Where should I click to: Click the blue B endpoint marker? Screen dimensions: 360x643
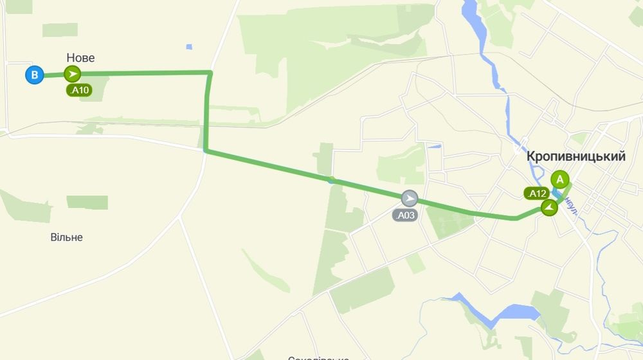point(35,75)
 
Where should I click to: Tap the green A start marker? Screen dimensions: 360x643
point(560,179)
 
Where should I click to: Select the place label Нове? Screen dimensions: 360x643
point(80,58)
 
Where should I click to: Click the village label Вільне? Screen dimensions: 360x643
point(67,237)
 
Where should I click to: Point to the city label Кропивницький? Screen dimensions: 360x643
point(576,156)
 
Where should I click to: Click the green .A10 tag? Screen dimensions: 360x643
point(79,91)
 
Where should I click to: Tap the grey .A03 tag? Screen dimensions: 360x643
point(405,215)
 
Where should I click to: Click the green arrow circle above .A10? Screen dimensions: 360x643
point(73,75)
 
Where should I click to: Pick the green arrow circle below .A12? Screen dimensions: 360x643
point(549,207)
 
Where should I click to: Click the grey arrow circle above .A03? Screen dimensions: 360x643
point(409,198)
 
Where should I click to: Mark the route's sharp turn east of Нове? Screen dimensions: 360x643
point(210,73)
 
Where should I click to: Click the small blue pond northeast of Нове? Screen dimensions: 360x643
point(188,47)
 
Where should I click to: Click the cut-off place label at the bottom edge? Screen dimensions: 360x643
point(318,357)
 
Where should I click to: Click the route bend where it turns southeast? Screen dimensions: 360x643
point(205,151)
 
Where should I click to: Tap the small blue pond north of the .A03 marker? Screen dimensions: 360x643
point(435,147)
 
